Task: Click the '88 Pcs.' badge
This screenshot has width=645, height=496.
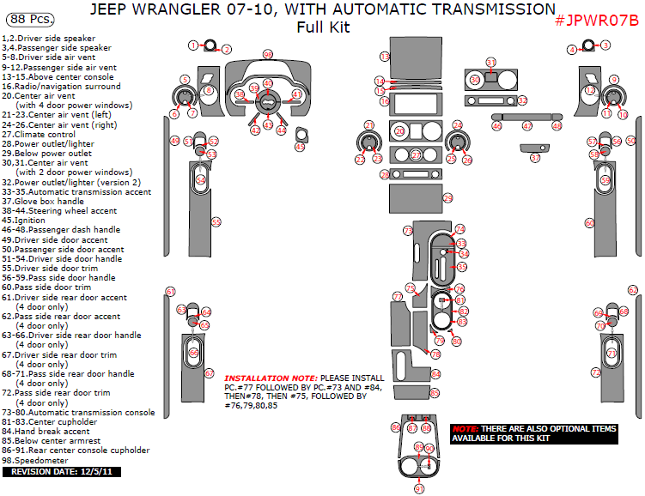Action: click(x=29, y=17)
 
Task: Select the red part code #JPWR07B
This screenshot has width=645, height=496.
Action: click(x=596, y=20)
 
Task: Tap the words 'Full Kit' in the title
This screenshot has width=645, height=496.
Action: click(x=323, y=27)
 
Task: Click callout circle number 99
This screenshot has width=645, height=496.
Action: click(x=268, y=54)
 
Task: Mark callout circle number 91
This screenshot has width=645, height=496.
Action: click(x=419, y=488)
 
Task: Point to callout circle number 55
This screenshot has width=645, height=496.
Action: click(x=216, y=221)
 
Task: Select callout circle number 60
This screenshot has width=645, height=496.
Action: click(x=589, y=222)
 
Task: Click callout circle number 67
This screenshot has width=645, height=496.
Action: click(x=209, y=373)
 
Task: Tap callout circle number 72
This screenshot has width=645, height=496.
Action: click(x=595, y=372)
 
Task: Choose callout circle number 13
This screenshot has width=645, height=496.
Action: click(x=384, y=56)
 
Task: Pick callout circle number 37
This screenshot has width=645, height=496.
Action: click(x=535, y=158)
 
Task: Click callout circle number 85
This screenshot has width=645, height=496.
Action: click(x=435, y=393)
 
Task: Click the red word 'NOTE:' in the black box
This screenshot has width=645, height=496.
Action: click(x=465, y=428)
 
